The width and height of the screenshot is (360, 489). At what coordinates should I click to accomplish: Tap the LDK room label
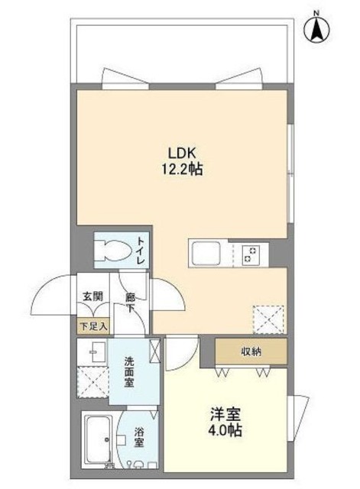pyautogui.click(x=180, y=151)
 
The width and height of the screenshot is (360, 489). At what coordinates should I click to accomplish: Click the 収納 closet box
pyautogui.click(x=251, y=352)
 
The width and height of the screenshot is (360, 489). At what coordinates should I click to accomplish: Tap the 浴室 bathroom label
pyautogui.click(x=139, y=442)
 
